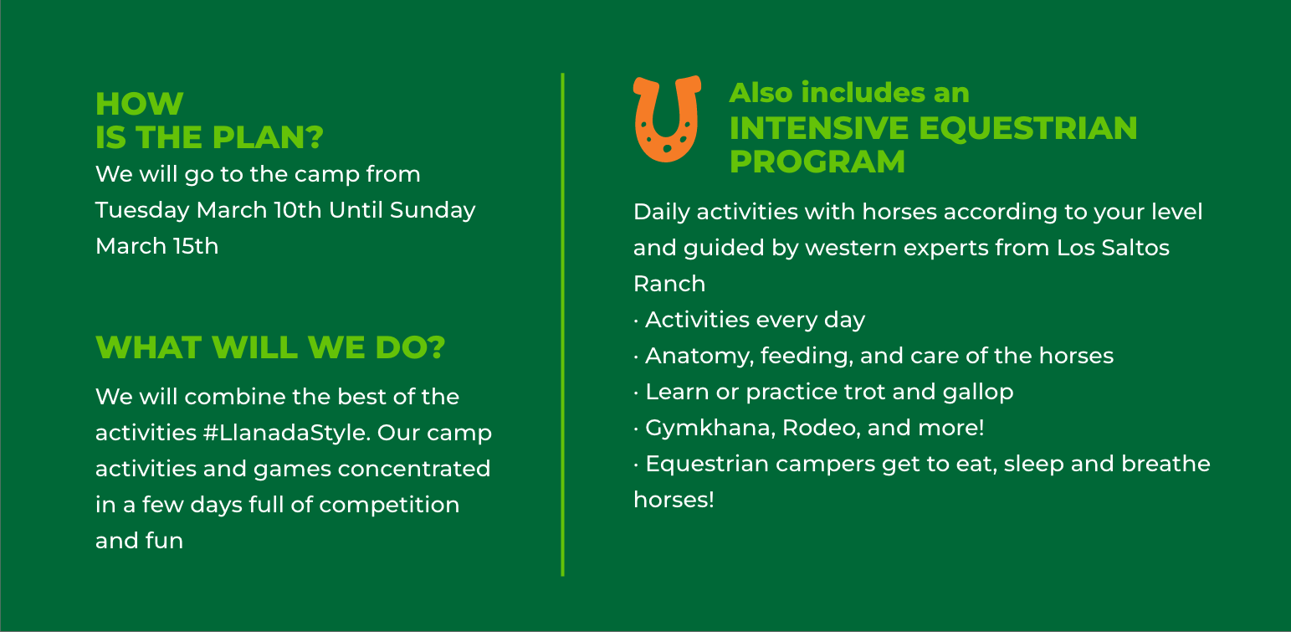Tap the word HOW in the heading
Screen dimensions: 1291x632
click(x=140, y=104)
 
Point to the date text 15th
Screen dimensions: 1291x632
click(x=196, y=246)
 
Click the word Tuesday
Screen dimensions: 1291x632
click(x=142, y=211)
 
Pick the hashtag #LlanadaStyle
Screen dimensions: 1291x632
click(x=286, y=433)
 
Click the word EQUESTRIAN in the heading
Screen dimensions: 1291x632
click(x=1028, y=128)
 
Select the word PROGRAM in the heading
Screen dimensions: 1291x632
click(x=817, y=162)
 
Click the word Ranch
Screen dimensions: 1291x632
click(x=669, y=284)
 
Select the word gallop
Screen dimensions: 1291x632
click(x=978, y=393)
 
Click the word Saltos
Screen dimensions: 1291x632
click(x=1135, y=248)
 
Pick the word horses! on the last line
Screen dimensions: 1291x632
click(x=674, y=500)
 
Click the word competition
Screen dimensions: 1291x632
click(x=389, y=505)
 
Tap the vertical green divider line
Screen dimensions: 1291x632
click(x=562, y=324)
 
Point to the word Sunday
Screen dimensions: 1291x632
click(x=433, y=211)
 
